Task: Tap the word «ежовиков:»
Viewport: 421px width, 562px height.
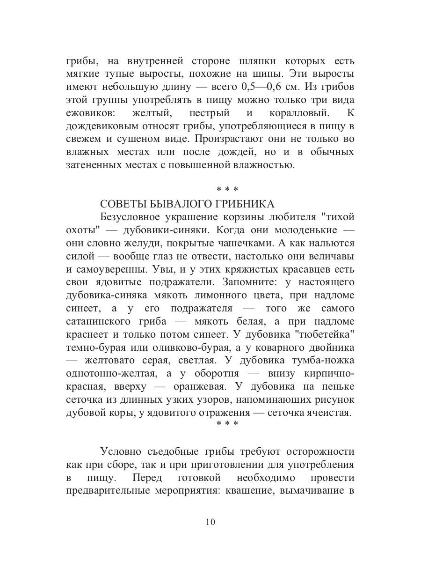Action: pyautogui.click(x=90, y=113)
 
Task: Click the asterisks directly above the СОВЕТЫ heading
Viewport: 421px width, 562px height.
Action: pyautogui.click(x=227, y=189)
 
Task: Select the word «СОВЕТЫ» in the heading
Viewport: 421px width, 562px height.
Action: pyautogui.click(x=123, y=204)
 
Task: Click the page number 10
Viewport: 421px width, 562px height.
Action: pyautogui.click(x=210, y=522)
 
